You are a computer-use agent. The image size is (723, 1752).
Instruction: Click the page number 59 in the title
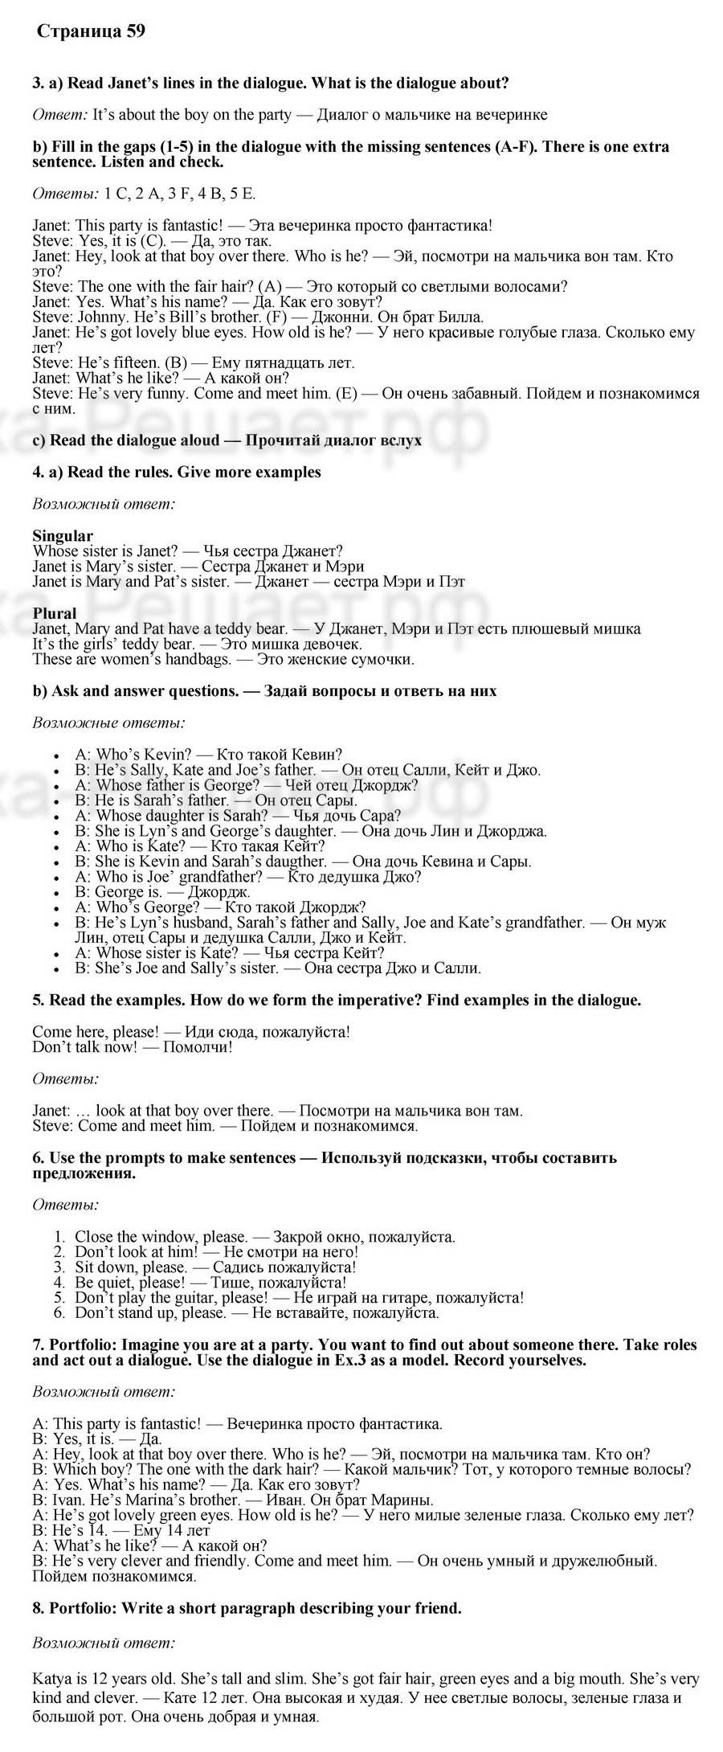click(135, 31)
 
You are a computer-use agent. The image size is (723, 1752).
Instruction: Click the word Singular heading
click(63, 535)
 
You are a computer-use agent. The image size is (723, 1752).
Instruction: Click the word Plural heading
click(55, 613)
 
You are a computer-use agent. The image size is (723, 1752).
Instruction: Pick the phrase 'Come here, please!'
click(95, 1031)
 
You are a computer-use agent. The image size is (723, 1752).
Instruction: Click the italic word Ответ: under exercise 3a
click(59, 115)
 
